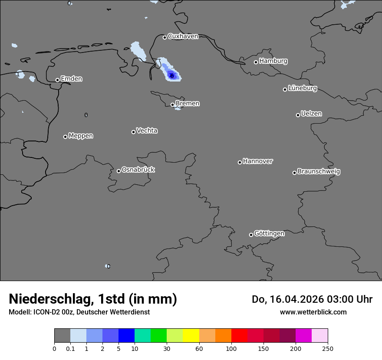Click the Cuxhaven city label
183,36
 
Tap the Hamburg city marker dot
256,62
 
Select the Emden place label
71,79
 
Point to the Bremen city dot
172,105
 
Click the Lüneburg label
302,88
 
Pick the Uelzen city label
311,114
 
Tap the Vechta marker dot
133,132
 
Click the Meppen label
81,136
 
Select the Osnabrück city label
138,170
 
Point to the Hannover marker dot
240,162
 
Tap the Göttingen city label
269,234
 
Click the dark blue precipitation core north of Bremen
172,76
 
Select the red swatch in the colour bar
239,336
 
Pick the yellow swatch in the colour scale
191,336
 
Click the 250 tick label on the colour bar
328,348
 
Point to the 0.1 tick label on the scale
70,348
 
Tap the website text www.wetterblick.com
313,312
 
